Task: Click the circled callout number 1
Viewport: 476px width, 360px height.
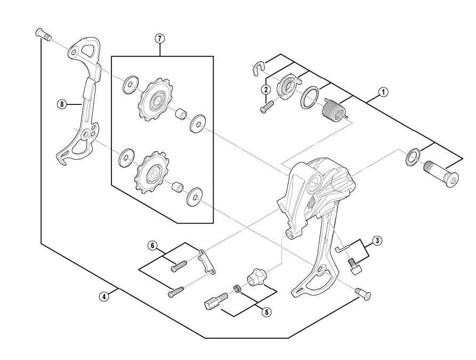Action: tap(382, 91)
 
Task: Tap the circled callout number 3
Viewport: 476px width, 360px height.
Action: tap(377, 240)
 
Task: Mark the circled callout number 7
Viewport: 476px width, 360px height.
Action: tap(158, 38)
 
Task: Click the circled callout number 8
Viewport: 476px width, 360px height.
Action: tap(62, 105)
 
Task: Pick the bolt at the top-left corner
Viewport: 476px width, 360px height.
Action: tap(43, 35)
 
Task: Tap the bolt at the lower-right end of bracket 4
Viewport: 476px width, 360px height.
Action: tap(362, 293)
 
